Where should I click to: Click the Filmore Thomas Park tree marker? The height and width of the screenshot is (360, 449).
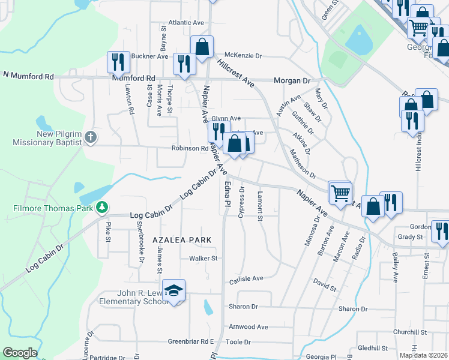point(102,208)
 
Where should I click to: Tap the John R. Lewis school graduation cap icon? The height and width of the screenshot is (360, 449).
point(174,291)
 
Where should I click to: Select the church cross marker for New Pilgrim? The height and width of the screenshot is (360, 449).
point(90,137)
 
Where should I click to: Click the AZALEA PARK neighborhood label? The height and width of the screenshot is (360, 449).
point(182,239)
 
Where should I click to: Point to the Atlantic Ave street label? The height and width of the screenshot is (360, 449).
point(186,23)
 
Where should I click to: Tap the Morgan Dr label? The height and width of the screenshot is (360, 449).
point(292,80)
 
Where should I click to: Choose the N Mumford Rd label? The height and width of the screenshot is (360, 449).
point(28,76)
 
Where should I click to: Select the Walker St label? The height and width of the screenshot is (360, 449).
point(202,259)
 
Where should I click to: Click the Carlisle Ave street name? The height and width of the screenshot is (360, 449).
point(246,278)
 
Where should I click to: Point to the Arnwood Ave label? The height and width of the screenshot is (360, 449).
point(248,327)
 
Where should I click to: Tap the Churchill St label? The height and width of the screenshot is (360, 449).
point(409,332)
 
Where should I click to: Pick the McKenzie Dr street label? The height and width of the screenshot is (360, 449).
point(243,56)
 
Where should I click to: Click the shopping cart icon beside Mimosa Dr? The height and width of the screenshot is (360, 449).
point(340,193)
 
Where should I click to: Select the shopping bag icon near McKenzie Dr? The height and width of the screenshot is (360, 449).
point(202,46)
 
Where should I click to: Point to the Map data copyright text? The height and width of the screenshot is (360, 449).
point(423,355)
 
